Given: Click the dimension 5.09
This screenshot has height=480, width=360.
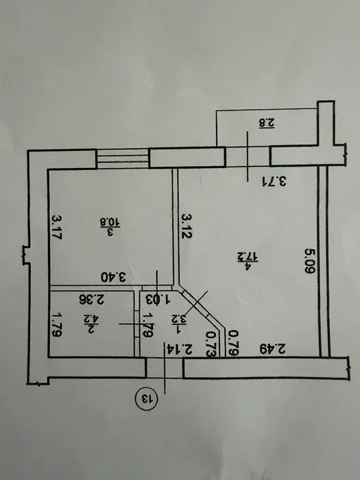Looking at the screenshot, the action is click(309, 261).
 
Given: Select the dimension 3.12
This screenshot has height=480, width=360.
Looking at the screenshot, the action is click(187, 226).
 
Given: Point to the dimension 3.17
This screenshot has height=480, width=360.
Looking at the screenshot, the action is click(57, 227).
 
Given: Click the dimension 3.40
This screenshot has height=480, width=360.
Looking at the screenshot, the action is click(114, 278).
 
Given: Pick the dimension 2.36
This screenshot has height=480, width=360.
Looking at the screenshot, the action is click(91, 300).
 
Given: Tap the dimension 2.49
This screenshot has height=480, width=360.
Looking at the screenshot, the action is click(273, 348).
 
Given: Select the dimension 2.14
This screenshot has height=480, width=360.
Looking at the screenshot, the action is click(180, 349).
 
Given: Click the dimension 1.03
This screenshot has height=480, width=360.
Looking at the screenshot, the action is click(158, 300).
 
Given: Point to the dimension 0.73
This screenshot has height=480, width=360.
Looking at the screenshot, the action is click(211, 344).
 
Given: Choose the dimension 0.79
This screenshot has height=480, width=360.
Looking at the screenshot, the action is click(234, 343).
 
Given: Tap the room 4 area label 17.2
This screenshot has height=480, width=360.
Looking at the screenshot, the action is click(248, 261).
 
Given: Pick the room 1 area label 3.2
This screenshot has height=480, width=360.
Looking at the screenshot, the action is click(181, 320).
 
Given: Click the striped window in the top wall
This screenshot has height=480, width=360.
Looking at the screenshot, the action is click(123, 159).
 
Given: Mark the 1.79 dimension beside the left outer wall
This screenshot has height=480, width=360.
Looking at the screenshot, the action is click(56, 324).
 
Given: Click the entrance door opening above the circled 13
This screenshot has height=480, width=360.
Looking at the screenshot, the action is click(165, 368).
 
